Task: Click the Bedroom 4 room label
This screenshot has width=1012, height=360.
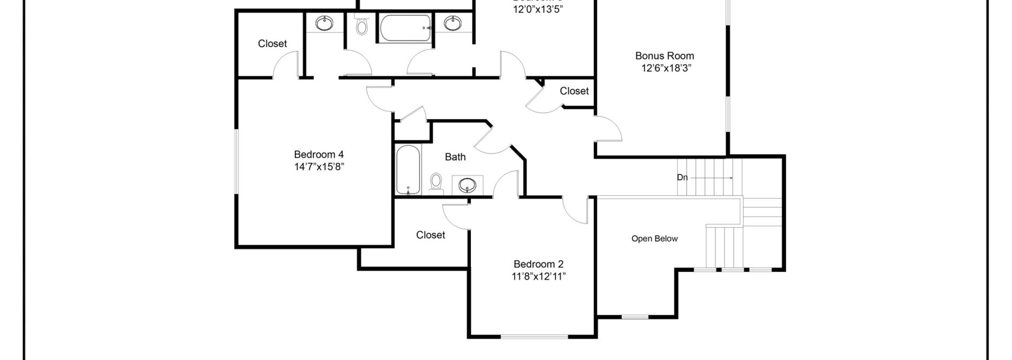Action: (319, 154)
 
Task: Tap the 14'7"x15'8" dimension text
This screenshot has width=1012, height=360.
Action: (319, 167)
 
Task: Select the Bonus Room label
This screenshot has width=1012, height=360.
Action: (665, 55)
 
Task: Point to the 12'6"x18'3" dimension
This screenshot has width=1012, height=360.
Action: (665, 68)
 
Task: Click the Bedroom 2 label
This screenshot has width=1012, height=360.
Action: (538, 264)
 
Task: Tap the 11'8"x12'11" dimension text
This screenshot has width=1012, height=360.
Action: (538, 277)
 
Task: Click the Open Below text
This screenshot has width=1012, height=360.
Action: (654, 239)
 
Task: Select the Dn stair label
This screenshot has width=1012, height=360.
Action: (682, 177)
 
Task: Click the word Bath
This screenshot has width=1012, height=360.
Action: (455, 157)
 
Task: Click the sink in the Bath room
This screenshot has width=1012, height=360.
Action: (467, 185)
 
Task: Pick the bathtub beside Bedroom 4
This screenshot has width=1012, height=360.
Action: (408, 169)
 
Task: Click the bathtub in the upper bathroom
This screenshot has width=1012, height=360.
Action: (405, 28)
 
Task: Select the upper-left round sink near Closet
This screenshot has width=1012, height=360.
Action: (324, 23)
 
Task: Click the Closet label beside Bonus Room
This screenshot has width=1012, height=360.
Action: (574, 91)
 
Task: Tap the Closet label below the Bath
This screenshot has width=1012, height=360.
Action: (431, 235)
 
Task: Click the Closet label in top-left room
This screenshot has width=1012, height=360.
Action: (272, 43)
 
